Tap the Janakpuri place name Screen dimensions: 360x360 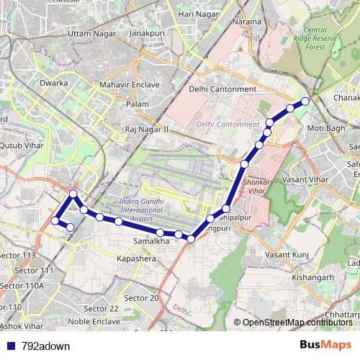[x=148, y=33]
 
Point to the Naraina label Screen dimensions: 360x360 [x=247, y=22]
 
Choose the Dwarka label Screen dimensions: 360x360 [x=54, y=84]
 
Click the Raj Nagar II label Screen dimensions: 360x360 [x=146, y=130]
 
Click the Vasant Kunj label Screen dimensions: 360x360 [x=287, y=255]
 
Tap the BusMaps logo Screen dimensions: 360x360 [x=325, y=345]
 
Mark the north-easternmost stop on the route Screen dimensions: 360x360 [x=305, y=102]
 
